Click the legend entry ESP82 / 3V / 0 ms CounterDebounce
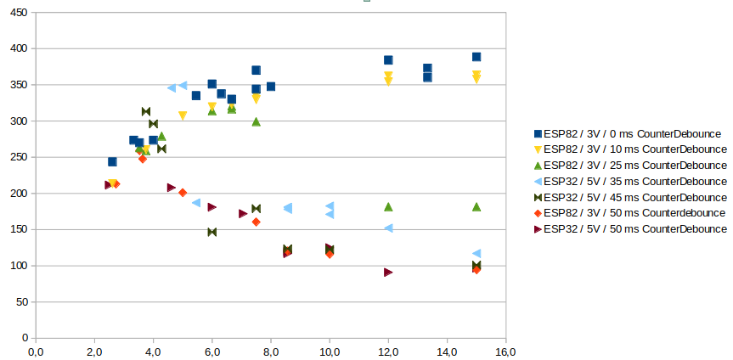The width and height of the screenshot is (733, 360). [632, 133]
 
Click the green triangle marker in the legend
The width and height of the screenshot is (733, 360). [537, 165]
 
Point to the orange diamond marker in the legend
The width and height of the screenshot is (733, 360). [537, 212]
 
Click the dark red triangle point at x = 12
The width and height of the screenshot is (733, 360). [388, 273]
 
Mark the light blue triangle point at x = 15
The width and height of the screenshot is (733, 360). [476, 254]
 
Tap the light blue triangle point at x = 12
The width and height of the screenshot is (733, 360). [388, 228]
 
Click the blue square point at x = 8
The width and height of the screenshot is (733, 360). [271, 87]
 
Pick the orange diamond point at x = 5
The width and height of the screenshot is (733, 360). [183, 193]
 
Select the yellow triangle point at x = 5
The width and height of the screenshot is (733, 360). [183, 115]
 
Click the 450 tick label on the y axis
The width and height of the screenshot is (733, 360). [18, 13]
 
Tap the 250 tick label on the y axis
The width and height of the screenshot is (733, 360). [18, 157]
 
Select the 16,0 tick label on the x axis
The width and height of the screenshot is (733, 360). [505, 350]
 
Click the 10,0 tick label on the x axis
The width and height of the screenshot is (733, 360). [330, 350]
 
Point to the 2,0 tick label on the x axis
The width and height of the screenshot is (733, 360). [94, 350]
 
